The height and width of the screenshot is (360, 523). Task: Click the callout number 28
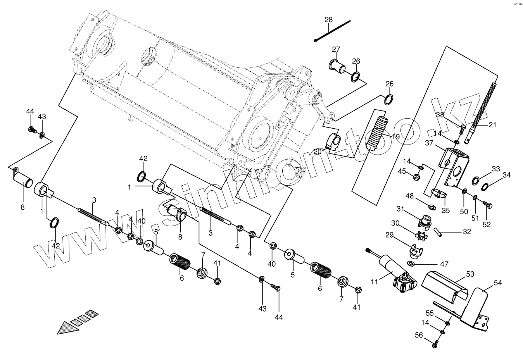328,20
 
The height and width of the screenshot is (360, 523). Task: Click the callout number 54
497,283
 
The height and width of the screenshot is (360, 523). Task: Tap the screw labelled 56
436,342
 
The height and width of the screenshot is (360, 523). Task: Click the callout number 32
467,232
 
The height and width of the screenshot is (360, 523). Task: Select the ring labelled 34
484,188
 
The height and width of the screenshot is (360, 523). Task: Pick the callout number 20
318,152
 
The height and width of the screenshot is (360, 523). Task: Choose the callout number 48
410,195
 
